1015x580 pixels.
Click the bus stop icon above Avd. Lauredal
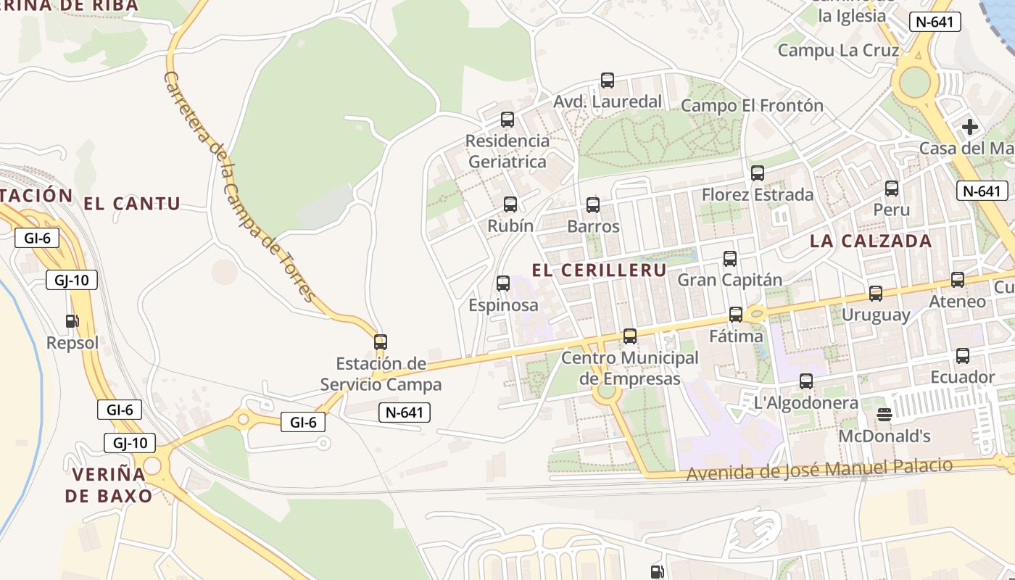[608, 80]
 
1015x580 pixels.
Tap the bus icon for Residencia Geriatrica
[507, 120]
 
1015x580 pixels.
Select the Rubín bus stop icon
[510, 204]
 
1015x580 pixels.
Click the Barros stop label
[593, 226]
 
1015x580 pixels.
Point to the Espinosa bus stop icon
[503, 283]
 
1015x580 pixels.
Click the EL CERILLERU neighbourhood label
[599, 270]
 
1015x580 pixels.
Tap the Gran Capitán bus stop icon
[730, 259]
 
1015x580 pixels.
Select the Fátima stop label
[736, 336]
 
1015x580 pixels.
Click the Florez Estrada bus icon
[758, 173]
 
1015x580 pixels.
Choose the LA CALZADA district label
[871, 241]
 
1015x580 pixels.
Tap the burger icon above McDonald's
[884, 414]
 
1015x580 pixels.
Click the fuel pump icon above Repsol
[72, 320]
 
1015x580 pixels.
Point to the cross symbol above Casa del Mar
[969, 128]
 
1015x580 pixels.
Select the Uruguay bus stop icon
[876, 294]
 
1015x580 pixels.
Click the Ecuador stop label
[963, 377]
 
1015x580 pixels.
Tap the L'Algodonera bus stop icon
[806, 381]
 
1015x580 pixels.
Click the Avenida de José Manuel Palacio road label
[819, 469]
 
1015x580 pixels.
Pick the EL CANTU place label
[132, 204]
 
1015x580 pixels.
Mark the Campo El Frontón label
[752, 106]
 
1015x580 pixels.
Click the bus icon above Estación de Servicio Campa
[381, 342]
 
